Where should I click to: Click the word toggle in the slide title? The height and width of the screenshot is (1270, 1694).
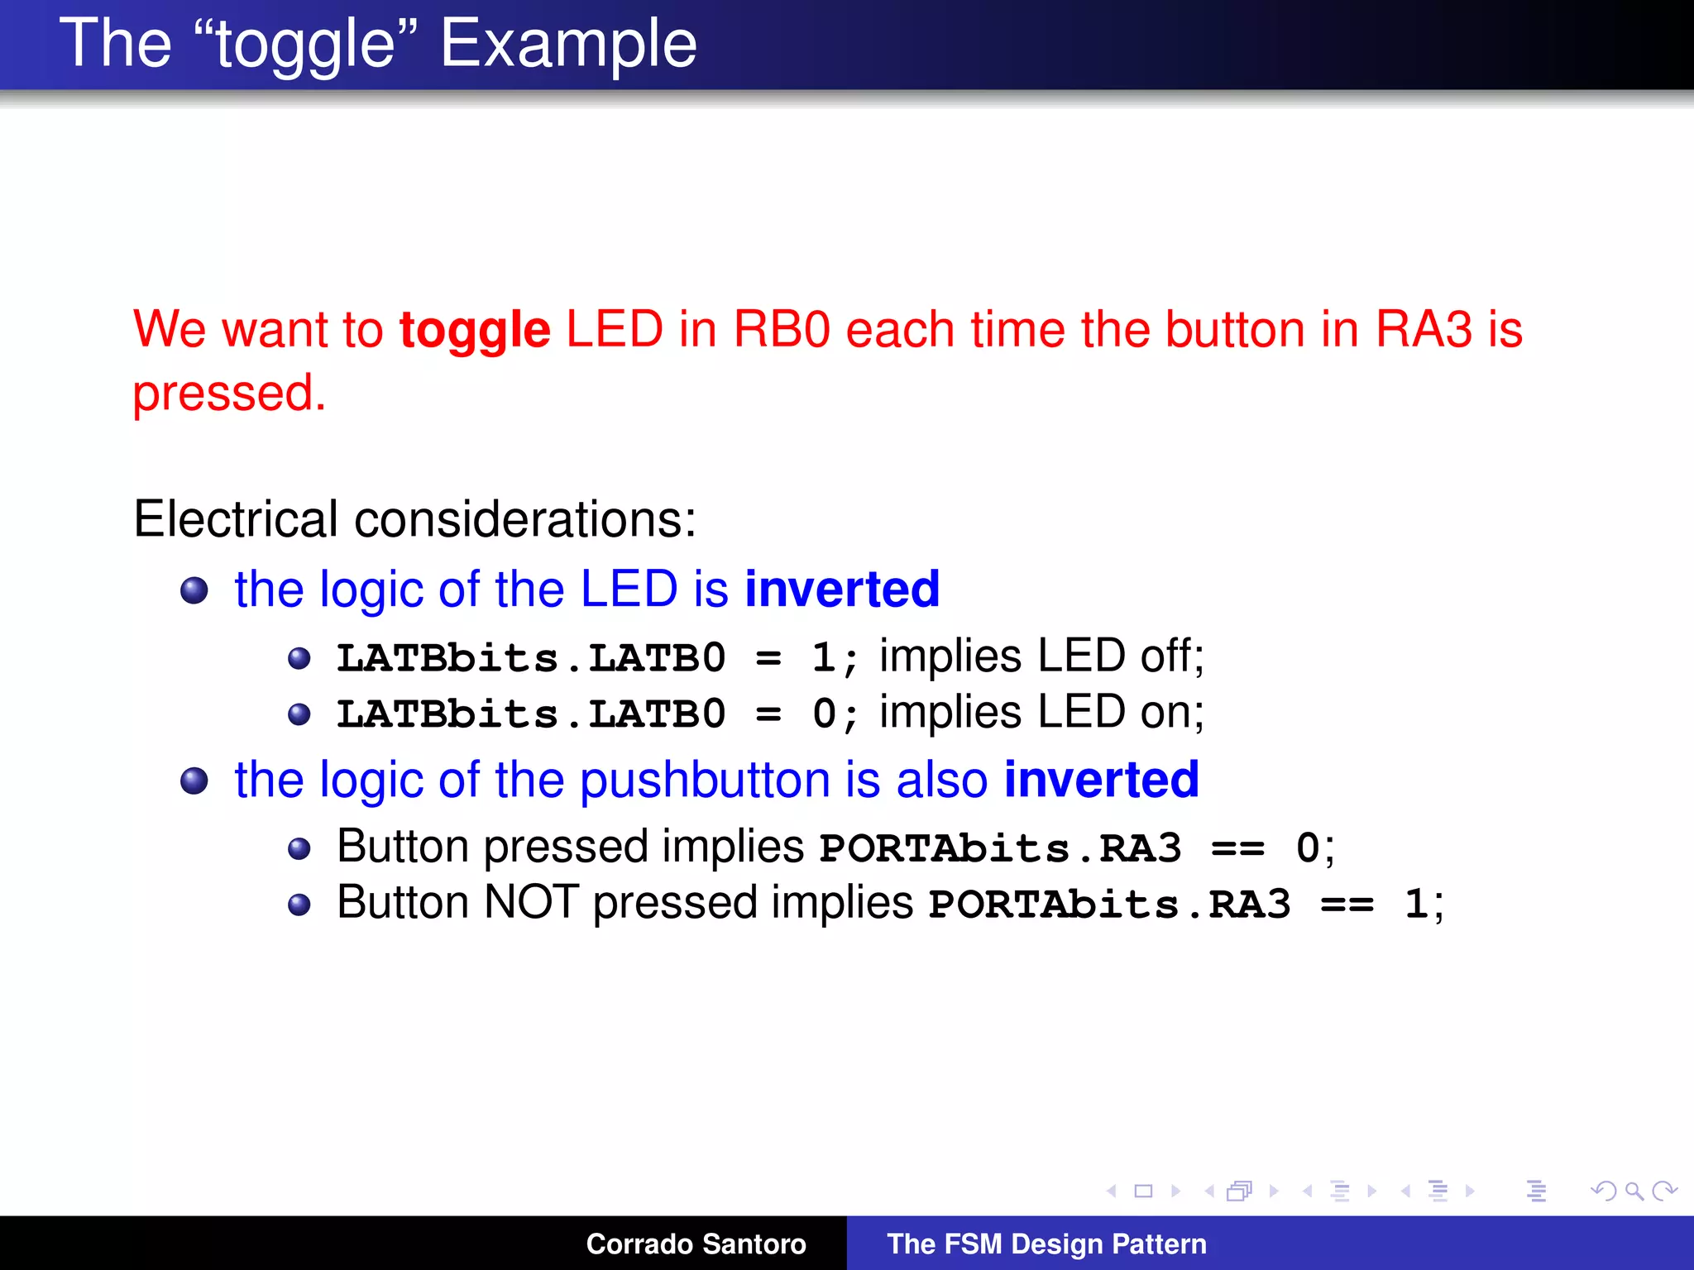click(305, 45)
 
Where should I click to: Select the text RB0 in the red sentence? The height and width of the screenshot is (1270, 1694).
click(781, 329)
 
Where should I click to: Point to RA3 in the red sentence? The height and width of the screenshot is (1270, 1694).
click(1424, 329)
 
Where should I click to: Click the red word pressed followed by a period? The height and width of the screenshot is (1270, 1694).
click(229, 393)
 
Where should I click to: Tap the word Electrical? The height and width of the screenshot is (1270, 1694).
click(235, 519)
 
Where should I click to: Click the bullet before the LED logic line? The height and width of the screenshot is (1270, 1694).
click(194, 590)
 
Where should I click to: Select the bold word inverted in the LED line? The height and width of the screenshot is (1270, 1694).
click(842, 589)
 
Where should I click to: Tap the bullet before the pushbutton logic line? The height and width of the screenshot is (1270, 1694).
click(194, 781)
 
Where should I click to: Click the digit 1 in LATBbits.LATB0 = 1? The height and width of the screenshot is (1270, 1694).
click(822, 658)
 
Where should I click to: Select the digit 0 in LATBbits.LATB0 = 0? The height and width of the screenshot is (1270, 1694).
click(824, 714)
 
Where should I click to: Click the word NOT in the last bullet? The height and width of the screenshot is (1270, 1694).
click(530, 902)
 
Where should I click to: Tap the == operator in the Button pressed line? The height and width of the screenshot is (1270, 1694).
click(1237, 849)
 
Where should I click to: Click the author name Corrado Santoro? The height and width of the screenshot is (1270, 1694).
click(696, 1244)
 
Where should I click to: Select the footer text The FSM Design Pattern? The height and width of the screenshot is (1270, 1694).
click(1046, 1244)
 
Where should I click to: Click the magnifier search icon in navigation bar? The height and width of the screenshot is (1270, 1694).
click(1634, 1191)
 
